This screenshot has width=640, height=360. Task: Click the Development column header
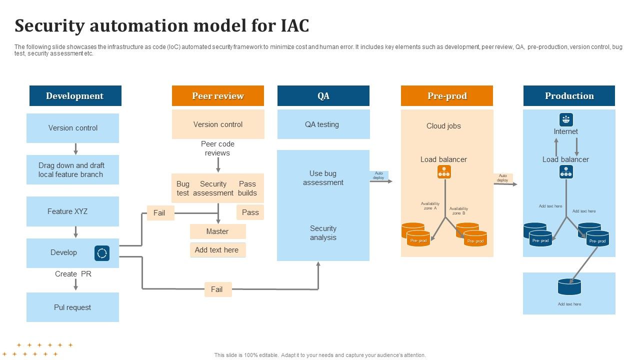[x=75, y=96]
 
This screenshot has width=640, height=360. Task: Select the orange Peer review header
[x=217, y=96]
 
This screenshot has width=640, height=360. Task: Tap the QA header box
[x=323, y=96]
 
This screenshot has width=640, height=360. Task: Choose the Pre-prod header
[x=446, y=96]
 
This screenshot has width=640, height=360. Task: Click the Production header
[x=569, y=96]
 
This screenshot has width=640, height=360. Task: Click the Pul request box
[x=72, y=307]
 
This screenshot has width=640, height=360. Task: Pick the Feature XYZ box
[x=72, y=211]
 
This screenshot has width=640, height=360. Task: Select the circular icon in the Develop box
[x=102, y=253]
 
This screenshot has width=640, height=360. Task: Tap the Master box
[x=217, y=231]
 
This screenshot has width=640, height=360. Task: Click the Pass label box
[x=250, y=212]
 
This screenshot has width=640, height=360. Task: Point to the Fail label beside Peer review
[x=159, y=213]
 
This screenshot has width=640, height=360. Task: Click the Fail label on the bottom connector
[x=217, y=289]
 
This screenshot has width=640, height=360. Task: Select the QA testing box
[x=323, y=124]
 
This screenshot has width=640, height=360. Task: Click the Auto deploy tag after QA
[x=378, y=175]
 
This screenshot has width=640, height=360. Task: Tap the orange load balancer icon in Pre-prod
[x=444, y=172]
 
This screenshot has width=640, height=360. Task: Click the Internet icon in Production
[x=566, y=120]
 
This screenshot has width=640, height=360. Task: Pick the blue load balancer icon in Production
[x=566, y=172]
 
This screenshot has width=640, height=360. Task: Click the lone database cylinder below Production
[x=569, y=287]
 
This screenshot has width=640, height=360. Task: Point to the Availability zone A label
[x=429, y=205]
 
